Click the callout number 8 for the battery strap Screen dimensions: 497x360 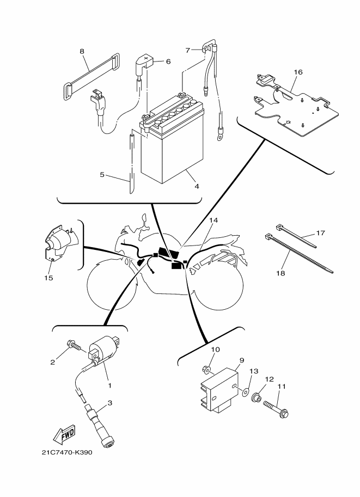tap(82, 51)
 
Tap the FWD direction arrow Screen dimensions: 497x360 tap(64, 434)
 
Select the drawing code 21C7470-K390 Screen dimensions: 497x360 tap(66, 453)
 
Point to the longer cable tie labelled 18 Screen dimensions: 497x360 tap(300, 254)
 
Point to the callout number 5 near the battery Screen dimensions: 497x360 tap(102, 175)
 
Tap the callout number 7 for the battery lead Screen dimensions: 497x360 tap(188, 50)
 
